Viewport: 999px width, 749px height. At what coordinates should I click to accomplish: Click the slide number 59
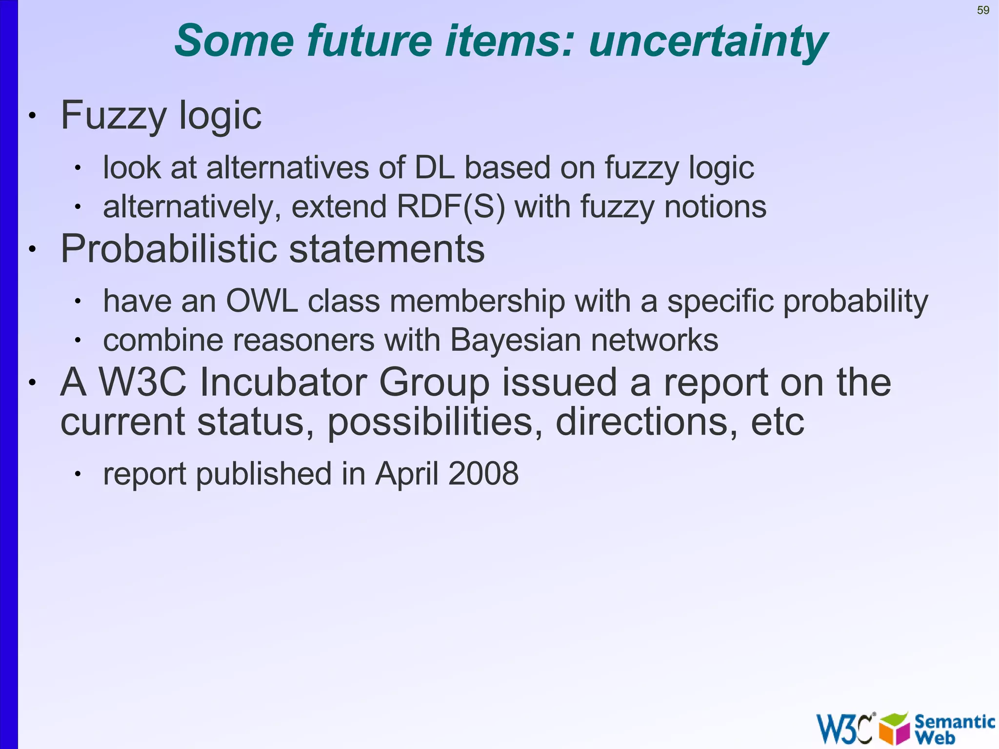pos(983,10)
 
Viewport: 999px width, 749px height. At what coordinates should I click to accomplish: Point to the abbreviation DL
pos(434,168)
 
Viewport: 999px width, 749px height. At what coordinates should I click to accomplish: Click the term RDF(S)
pos(451,207)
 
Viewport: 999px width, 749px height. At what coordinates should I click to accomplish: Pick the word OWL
pos(261,301)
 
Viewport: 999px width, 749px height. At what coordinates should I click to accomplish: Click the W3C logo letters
pos(844,729)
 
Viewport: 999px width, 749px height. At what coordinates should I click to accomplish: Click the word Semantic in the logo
pos(954,721)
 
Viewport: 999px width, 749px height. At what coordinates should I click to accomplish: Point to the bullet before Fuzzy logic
pos(32,116)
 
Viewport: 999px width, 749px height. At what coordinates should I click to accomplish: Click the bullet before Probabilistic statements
pos(32,249)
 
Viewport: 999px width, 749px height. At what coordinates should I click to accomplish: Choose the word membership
pos(477,301)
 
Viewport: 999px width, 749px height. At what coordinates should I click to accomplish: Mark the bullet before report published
pos(77,474)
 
